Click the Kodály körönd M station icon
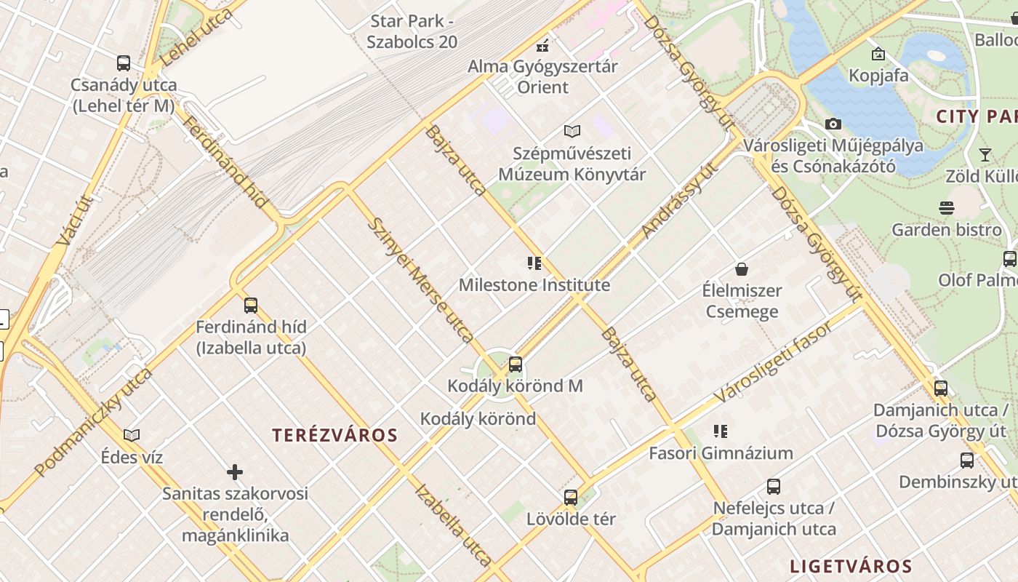coord(516,364)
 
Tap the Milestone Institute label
coord(534,285)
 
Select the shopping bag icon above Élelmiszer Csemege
coord(742,269)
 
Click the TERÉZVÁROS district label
coord(335,436)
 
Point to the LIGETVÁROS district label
coord(851,566)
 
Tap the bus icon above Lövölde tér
coord(571,498)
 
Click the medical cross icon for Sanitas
coord(235,473)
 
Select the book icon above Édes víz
coord(132,435)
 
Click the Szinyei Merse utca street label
coord(421,279)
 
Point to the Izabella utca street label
coord(452,524)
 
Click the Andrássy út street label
coord(680,199)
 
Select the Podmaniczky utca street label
coord(93,422)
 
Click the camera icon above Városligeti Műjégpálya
coord(833,124)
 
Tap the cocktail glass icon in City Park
coord(985,154)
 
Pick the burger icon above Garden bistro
coord(946,208)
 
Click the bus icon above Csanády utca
coord(124,63)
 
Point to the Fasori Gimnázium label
coord(721,453)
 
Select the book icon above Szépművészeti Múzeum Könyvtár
coord(572,131)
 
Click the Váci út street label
coord(74,220)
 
